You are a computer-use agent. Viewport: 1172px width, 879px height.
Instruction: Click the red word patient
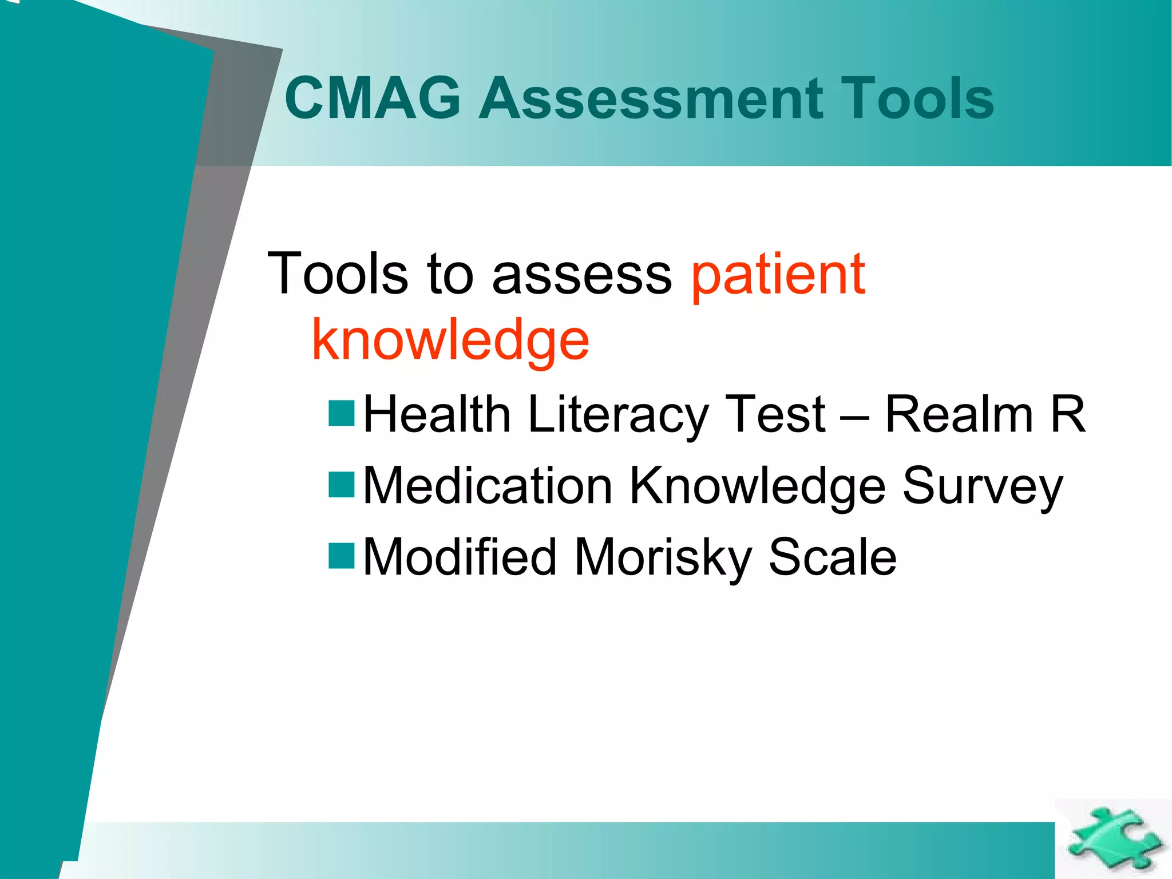tap(778, 275)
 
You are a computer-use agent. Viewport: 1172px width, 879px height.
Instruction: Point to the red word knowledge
tap(450, 342)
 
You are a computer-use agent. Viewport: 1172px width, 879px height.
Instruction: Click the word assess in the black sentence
tap(582, 275)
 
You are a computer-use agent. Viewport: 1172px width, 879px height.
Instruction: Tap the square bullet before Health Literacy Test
tap(342, 414)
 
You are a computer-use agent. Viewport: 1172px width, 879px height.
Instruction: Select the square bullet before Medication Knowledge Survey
tap(342, 485)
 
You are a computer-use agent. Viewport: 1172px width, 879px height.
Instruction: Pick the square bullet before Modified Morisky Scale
tap(342, 556)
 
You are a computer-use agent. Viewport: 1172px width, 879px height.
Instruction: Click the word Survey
tap(982, 486)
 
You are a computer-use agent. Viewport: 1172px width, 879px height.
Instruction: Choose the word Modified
tap(460, 557)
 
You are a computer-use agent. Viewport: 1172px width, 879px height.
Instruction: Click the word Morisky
tap(663, 557)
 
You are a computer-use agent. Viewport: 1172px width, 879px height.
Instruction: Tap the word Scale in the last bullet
tap(832, 557)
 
